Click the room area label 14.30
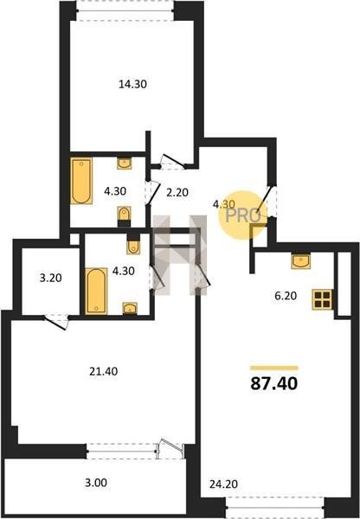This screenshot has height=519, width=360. click(132, 84)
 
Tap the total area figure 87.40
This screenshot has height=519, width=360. click(273, 383)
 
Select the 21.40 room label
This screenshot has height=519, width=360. click(103, 371)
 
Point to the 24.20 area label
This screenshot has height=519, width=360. click(223, 484)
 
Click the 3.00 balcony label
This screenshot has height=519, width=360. click(96, 483)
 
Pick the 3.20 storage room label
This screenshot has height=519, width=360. click(51, 278)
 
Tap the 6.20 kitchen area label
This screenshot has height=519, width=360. click(286, 296)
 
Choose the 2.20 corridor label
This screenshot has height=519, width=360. click(177, 192)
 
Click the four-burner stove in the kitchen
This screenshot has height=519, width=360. click(322, 299)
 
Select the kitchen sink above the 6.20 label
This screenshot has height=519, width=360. click(300, 260)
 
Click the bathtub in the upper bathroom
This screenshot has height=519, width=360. click(81, 181)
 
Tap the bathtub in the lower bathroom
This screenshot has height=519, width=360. click(96, 291)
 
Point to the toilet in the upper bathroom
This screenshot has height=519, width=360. click(125, 216)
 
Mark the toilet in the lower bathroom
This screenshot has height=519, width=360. click(133, 244)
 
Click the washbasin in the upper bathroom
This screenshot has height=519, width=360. click(125, 163)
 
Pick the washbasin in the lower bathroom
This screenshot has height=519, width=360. click(130, 308)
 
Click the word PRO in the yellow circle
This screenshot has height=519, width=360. click(243, 216)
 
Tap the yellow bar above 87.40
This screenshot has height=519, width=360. click(274, 368)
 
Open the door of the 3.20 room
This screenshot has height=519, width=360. click(56, 322)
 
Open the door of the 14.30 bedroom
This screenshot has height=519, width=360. click(173, 162)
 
